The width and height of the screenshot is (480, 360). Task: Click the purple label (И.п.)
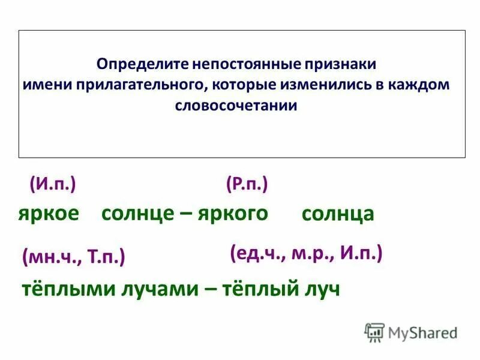tap(53, 184)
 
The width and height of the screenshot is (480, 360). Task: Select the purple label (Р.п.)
tap(247, 184)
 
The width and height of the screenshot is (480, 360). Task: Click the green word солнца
tap(338, 214)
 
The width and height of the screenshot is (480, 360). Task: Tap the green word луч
tap(317, 289)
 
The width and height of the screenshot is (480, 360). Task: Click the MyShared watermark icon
tap(375, 332)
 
